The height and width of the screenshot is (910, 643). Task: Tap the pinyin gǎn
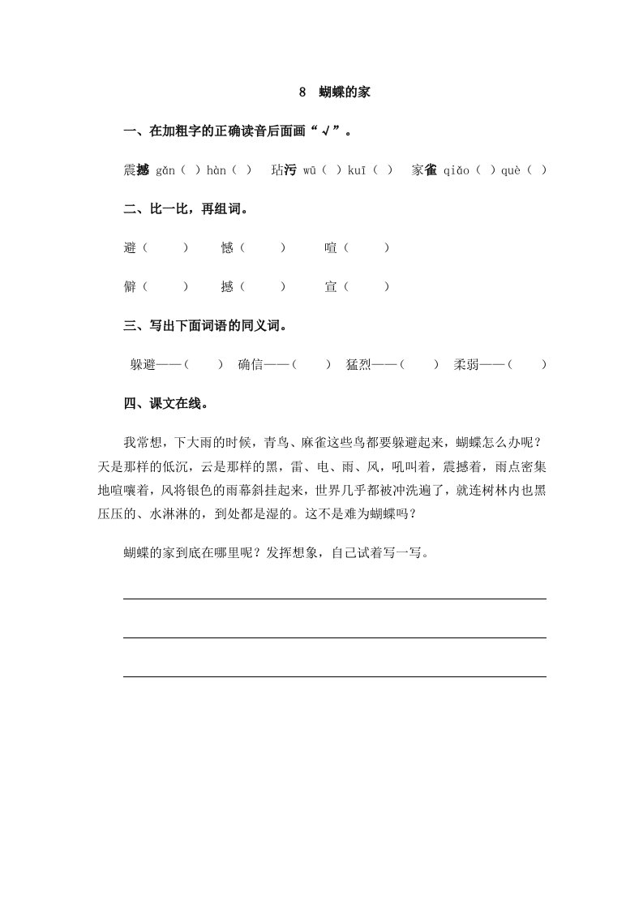pos(166,170)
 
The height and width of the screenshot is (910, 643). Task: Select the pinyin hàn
pos(216,170)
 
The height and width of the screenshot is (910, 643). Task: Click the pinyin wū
pos(310,170)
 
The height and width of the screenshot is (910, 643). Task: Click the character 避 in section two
pos(130,248)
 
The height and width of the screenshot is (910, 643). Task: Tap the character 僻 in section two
pos(130,286)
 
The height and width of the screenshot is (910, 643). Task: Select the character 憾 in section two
pos(227,248)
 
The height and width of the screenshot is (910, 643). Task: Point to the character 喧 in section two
pos(331,248)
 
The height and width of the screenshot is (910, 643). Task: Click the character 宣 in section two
pos(331,286)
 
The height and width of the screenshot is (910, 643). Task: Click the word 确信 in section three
pos(251,365)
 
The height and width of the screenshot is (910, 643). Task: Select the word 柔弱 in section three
pos(467,365)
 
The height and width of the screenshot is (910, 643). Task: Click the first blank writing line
pos(334,599)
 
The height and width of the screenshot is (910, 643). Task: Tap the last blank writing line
pos(334,676)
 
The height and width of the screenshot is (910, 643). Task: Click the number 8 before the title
pos(302,92)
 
